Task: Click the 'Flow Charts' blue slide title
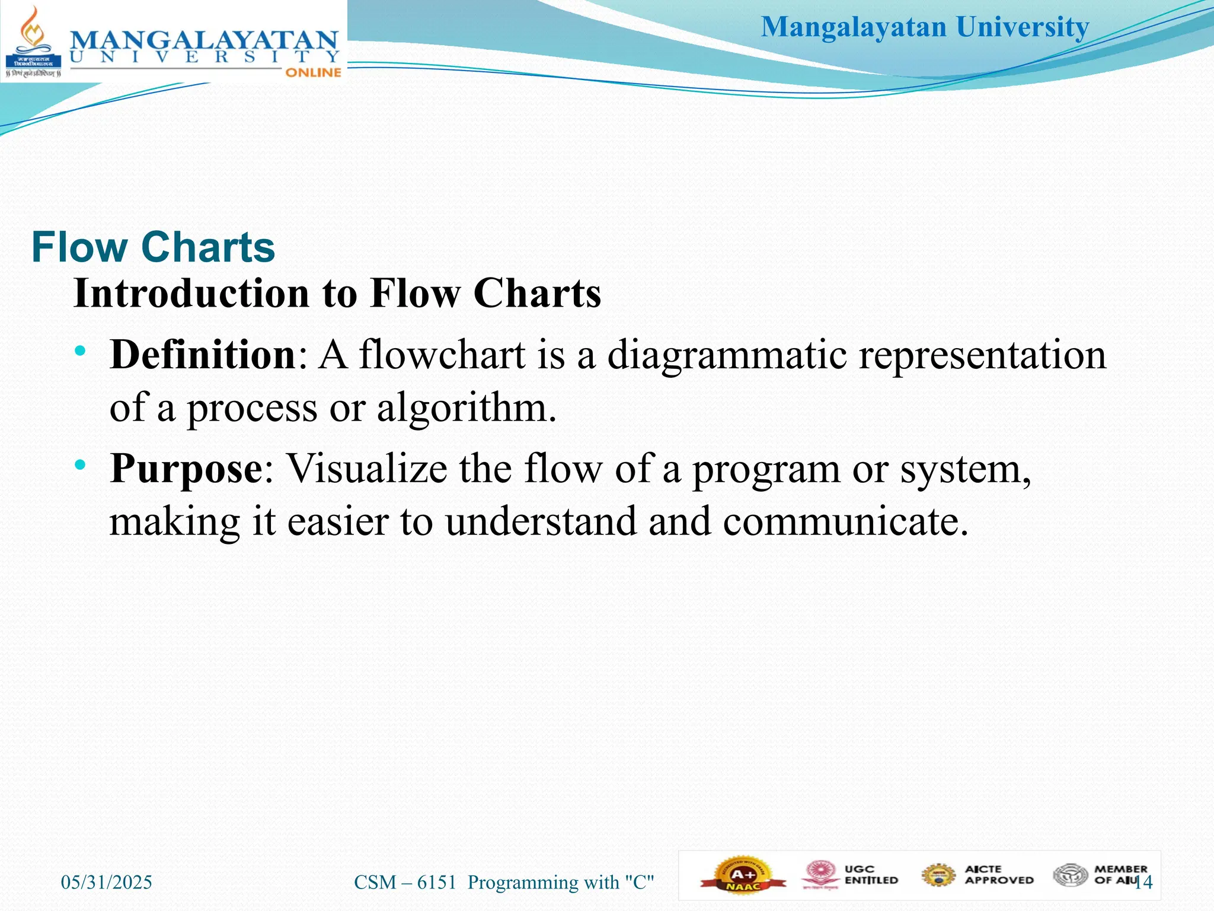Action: click(153, 247)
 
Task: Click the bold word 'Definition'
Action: click(203, 355)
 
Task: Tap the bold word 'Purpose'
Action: click(186, 469)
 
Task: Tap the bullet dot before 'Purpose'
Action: click(81, 464)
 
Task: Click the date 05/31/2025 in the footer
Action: click(107, 882)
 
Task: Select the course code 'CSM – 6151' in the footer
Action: click(405, 882)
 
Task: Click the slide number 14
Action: click(1144, 882)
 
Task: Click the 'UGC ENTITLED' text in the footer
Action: click(871, 875)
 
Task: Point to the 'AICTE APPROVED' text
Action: click(999, 875)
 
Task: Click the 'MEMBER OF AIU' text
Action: click(1119, 875)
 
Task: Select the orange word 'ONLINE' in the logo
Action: click(313, 72)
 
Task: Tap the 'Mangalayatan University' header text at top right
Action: click(925, 27)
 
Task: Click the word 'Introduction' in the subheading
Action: click(191, 294)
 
